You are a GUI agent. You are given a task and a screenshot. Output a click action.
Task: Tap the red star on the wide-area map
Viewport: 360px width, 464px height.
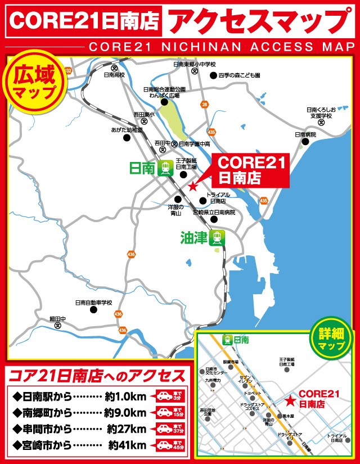[x=192, y=186]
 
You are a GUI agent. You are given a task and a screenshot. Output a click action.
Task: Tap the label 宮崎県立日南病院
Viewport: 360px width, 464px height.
[x=214, y=213]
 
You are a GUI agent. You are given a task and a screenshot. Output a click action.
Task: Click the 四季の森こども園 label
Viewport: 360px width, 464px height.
[x=240, y=75]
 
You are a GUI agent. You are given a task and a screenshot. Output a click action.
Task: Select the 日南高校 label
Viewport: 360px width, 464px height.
[x=115, y=74]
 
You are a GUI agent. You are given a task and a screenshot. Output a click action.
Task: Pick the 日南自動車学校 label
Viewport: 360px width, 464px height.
[x=94, y=302]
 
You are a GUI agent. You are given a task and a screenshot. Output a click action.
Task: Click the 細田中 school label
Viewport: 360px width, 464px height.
[x=57, y=319]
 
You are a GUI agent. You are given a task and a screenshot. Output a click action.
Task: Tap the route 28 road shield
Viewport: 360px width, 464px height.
[x=205, y=105]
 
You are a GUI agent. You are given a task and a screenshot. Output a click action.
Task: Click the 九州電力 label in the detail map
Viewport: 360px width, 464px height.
[x=213, y=381]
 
